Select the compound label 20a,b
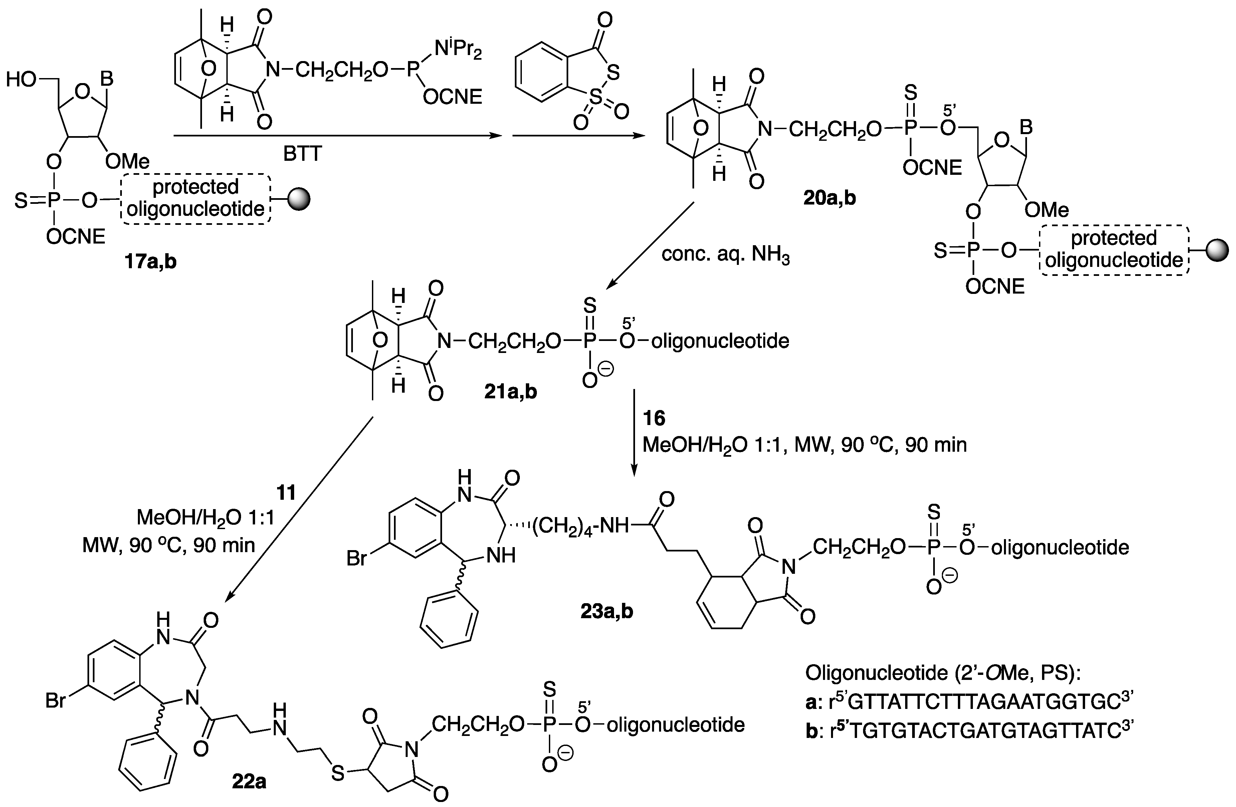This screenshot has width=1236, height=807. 829,198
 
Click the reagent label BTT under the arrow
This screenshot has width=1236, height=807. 303,153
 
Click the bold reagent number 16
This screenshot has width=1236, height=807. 654,418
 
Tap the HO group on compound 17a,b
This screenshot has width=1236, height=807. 22,80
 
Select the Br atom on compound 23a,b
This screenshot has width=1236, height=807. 357,559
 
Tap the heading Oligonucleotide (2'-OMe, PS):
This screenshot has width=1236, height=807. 943,673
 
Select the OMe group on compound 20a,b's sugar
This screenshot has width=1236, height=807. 1047,210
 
